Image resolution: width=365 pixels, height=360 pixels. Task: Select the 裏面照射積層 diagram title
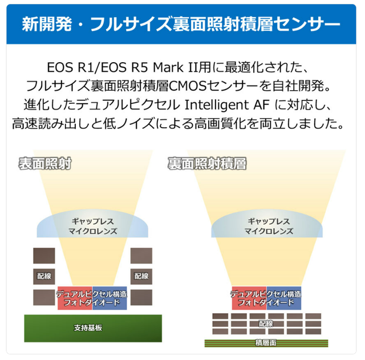[x=207, y=163]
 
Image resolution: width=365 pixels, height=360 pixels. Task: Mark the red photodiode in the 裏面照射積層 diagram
[x=248, y=298]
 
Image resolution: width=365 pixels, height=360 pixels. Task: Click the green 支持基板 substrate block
[x=89, y=328]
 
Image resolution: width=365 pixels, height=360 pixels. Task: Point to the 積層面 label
[x=266, y=343]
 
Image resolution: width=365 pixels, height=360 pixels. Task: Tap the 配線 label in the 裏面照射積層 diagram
[x=266, y=323]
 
